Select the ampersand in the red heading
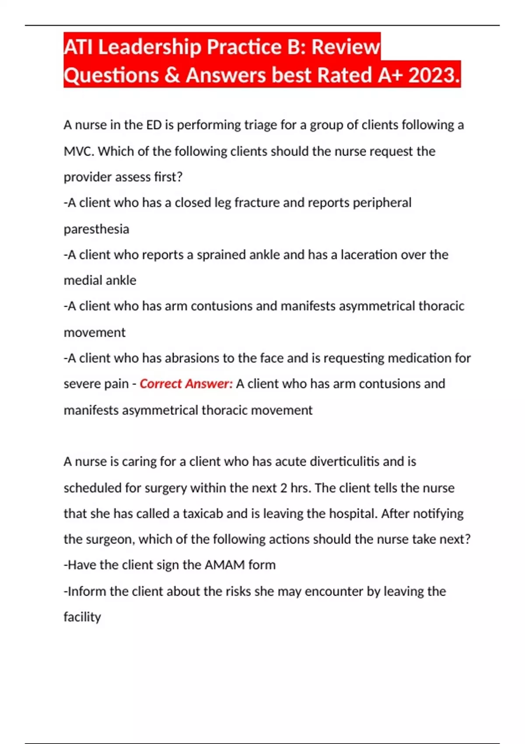pyautogui.click(x=172, y=75)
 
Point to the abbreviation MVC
pyautogui.click(x=79, y=151)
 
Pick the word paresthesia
pyautogui.click(x=96, y=229)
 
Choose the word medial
pyautogui.click(x=79, y=280)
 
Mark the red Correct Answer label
pyautogui.click(x=186, y=384)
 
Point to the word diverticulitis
pyautogui.click(x=344, y=462)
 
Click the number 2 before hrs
pyautogui.click(x=283, y=488)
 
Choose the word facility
pyautogui.click(x=82, y=617)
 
